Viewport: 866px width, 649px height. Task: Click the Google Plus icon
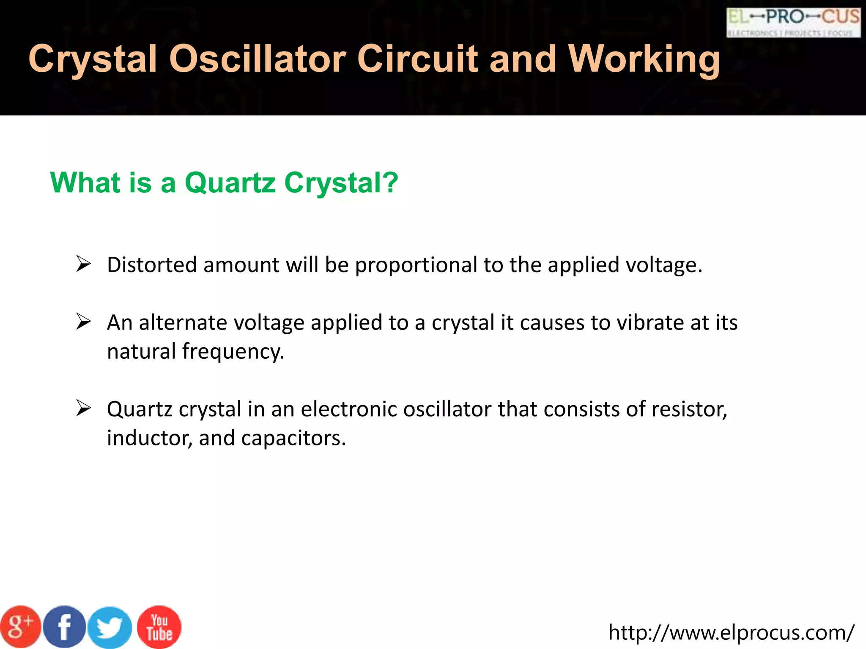click(20, 627)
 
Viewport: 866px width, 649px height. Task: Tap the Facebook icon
click(65, 627)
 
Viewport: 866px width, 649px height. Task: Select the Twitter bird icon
click(110, 627)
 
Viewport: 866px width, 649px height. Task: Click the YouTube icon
click(159, 627)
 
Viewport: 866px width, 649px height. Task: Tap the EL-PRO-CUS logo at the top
click(793, 22)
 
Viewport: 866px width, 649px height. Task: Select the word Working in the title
click(644, 59)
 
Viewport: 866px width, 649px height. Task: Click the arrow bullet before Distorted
click(83, 264)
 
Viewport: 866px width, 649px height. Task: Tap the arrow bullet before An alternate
click(83, 322)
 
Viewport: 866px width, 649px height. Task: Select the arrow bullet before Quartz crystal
click(83, 409)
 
